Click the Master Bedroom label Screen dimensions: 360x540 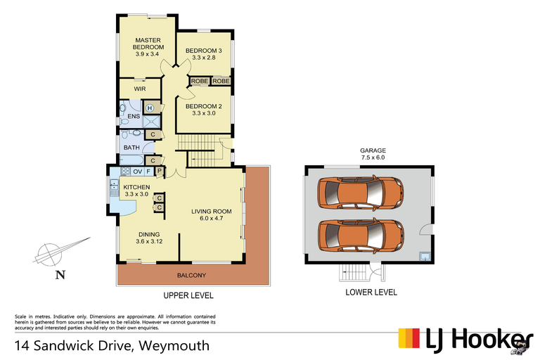coord(149,46)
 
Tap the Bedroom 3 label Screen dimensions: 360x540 coord(204,54)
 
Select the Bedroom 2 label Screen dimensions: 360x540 coord(204,110)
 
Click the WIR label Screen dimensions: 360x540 coord(140,89)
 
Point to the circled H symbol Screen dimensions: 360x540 coord(150,108)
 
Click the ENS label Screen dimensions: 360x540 coord(133,117)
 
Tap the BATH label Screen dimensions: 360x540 coord(132,148)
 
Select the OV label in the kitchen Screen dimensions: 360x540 coord(138,172)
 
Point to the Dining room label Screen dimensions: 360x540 coord(149,238)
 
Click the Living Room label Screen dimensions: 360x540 coord(212,214)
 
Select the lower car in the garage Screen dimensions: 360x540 coord(359,235)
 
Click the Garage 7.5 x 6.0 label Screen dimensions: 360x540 coord(373,155)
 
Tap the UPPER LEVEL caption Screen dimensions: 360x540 coord(188,296)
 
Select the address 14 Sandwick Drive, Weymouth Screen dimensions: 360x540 coord(112,345)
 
